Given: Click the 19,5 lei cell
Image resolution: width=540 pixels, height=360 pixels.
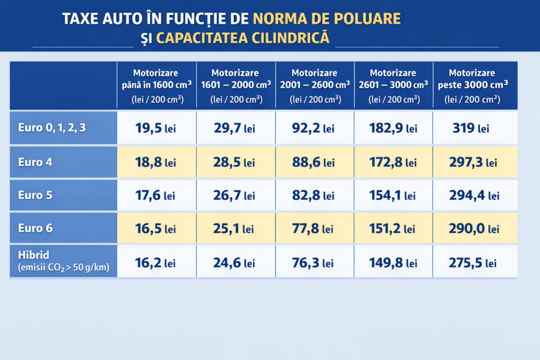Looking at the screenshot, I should tap(155, 129).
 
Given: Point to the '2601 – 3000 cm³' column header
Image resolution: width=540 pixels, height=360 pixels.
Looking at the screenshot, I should tap(393, 84).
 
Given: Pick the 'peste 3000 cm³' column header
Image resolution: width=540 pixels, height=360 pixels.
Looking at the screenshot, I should tap(472, 84).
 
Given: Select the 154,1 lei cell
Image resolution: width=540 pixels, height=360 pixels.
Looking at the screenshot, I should tap(393, 196).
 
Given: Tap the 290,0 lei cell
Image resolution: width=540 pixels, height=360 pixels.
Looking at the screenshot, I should tap(473, 229).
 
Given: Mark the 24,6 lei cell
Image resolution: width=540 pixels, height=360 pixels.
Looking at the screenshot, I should tap(234, 262).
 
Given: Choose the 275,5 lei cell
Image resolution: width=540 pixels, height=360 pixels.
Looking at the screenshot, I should tap(472, 262).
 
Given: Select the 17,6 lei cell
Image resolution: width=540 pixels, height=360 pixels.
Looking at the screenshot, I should tap(155, 196).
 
